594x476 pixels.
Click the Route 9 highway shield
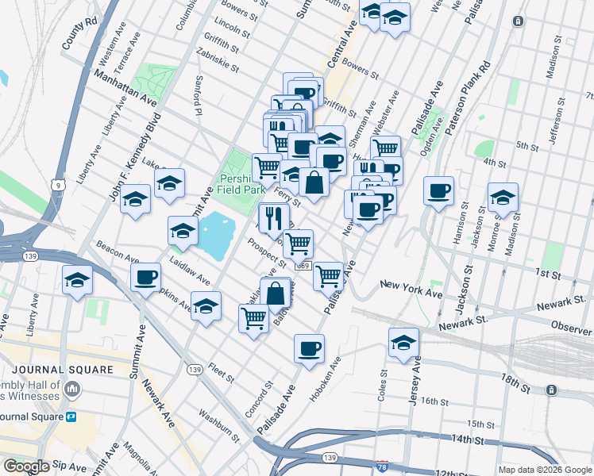[60, 185]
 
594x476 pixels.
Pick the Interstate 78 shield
[382, 467]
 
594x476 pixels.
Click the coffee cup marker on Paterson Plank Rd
[438, 190]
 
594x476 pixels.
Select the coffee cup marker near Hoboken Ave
[309, 347]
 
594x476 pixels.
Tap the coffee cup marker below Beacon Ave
[146, 277]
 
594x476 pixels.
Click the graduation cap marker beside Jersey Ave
[403, 342]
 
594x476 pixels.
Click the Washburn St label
[219, 425]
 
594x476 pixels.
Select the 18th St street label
[518, 384]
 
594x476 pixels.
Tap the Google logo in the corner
[26, 466]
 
